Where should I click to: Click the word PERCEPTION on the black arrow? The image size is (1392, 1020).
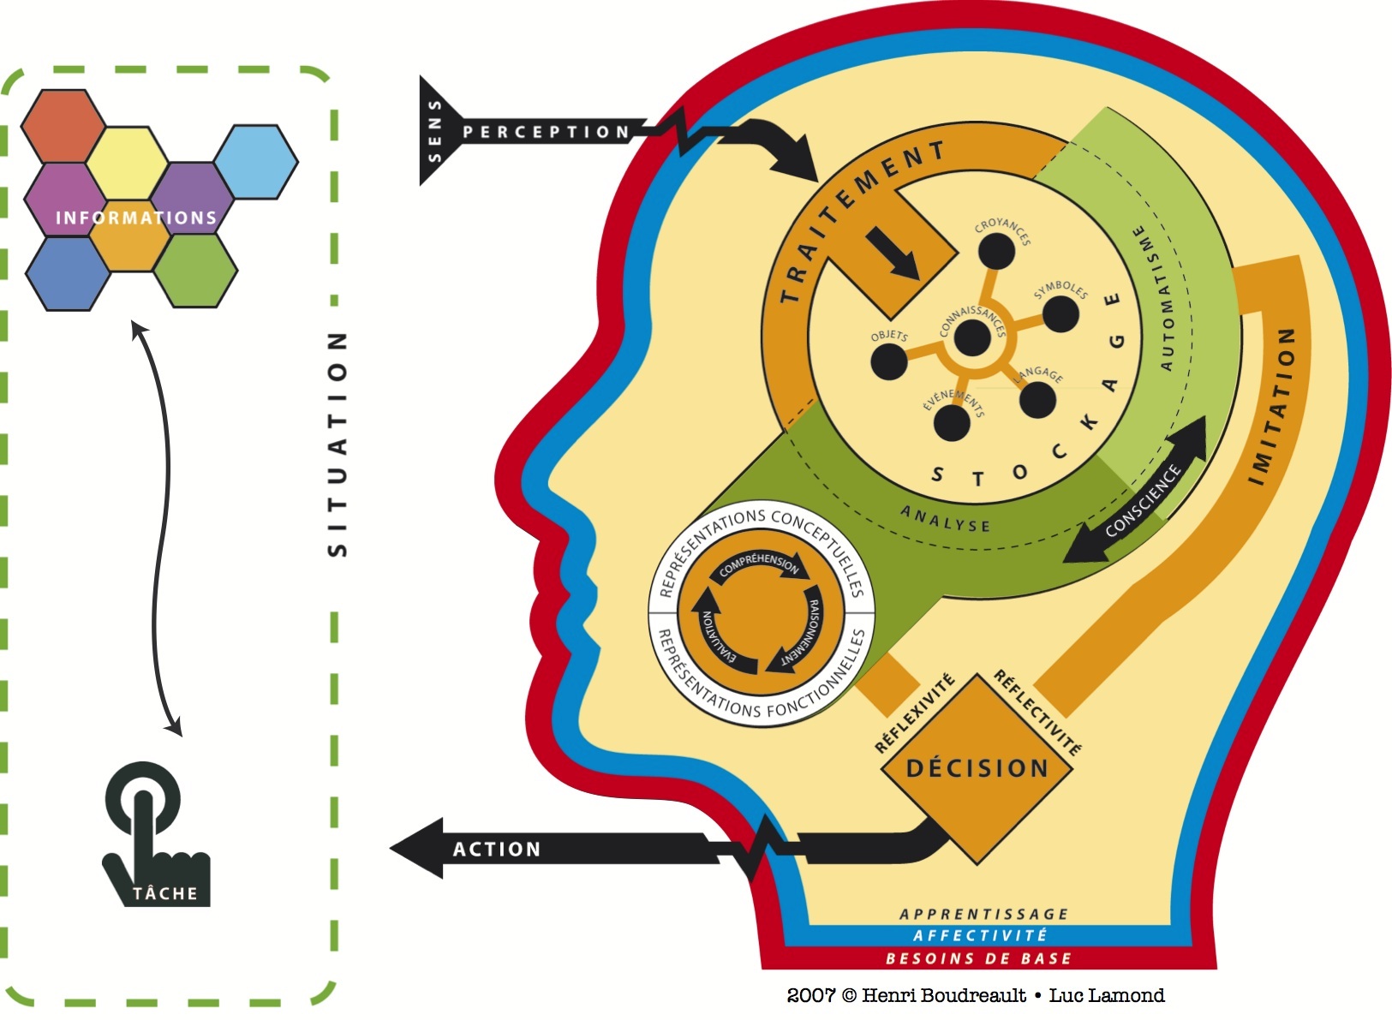(x=546, y=132)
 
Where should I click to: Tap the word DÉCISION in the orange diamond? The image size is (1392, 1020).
(x=977, y=768)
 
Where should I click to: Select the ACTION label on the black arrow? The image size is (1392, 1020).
(x=497, y=849)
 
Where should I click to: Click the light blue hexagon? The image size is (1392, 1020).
(x=255, y=162)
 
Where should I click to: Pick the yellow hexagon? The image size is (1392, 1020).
(x=128, y=162)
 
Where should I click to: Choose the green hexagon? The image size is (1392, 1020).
(x=194, y=270)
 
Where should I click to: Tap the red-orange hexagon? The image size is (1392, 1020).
(x=63, y=125)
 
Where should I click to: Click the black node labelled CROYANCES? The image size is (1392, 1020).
(x=996, y=251)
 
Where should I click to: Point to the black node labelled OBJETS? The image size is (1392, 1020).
(x=888, y=362)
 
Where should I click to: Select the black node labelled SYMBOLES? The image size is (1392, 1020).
(x=1060, y=314)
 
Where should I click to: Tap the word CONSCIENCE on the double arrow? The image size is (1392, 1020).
(x=1143, y=500)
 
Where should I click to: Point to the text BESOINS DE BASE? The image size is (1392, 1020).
(x=978, y=958)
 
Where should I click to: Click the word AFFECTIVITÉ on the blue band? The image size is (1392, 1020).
(x=980, y=935)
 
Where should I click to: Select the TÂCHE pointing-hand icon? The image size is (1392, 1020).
(x=154, y=835)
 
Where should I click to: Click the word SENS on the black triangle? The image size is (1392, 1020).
(x=434, y=130)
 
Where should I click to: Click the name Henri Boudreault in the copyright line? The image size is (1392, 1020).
(x=943, y=995)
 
